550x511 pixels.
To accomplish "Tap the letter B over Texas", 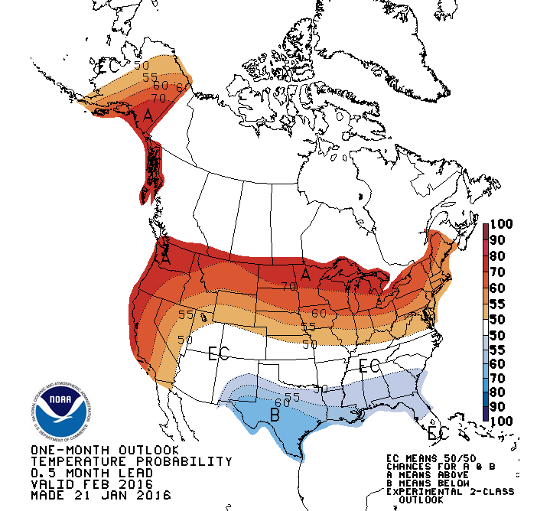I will pyautogui.click(x=275, y=416).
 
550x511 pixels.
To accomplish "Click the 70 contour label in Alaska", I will pyautogui.click(x=158, y=99).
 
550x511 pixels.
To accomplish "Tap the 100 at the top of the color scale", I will pyautogui.click(x=505, y=225).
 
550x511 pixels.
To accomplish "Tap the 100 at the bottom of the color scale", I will pyautogui.click(x=505, y=421).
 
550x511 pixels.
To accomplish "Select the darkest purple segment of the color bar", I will pyautogui.click(x=487, y=413).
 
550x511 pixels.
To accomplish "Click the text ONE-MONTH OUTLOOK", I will pyautogui.click(x=105, y=450).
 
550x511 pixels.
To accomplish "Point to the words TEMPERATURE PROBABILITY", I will pyautogui.click(x=131, y=461).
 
